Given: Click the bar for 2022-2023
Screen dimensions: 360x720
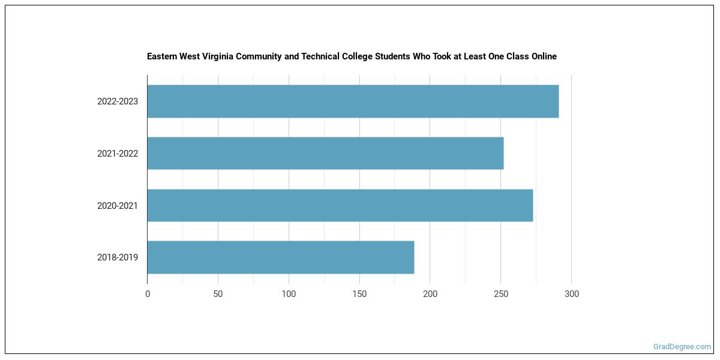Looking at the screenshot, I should [353, 101].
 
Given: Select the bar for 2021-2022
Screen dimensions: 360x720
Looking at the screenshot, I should [325, 153].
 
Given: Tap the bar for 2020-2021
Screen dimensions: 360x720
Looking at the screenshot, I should [340, 205].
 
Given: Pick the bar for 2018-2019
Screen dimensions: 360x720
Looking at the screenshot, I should [280, 257].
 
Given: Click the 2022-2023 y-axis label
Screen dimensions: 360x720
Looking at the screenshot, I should [118, 101].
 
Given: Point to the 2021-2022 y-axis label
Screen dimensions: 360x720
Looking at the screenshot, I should [118, 154].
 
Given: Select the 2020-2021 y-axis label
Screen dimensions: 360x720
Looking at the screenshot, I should [118, 206].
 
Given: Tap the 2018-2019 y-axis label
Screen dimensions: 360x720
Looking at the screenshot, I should [118, 257].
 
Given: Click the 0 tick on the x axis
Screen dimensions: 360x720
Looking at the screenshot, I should [148, 294].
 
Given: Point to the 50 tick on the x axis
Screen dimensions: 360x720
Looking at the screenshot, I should [218, 294].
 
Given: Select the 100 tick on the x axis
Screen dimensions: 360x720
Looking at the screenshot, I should [289, 294].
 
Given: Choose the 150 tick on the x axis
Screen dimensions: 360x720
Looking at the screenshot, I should [359, 294].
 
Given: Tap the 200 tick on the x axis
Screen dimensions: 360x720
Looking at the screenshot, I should [430, 294].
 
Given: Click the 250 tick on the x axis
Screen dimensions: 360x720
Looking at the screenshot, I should [501, 294].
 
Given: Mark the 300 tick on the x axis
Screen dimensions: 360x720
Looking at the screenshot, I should [572, 294].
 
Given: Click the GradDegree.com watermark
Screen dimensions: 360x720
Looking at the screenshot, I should [682, 347].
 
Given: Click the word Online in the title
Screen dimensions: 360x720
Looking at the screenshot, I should [542, 56].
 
